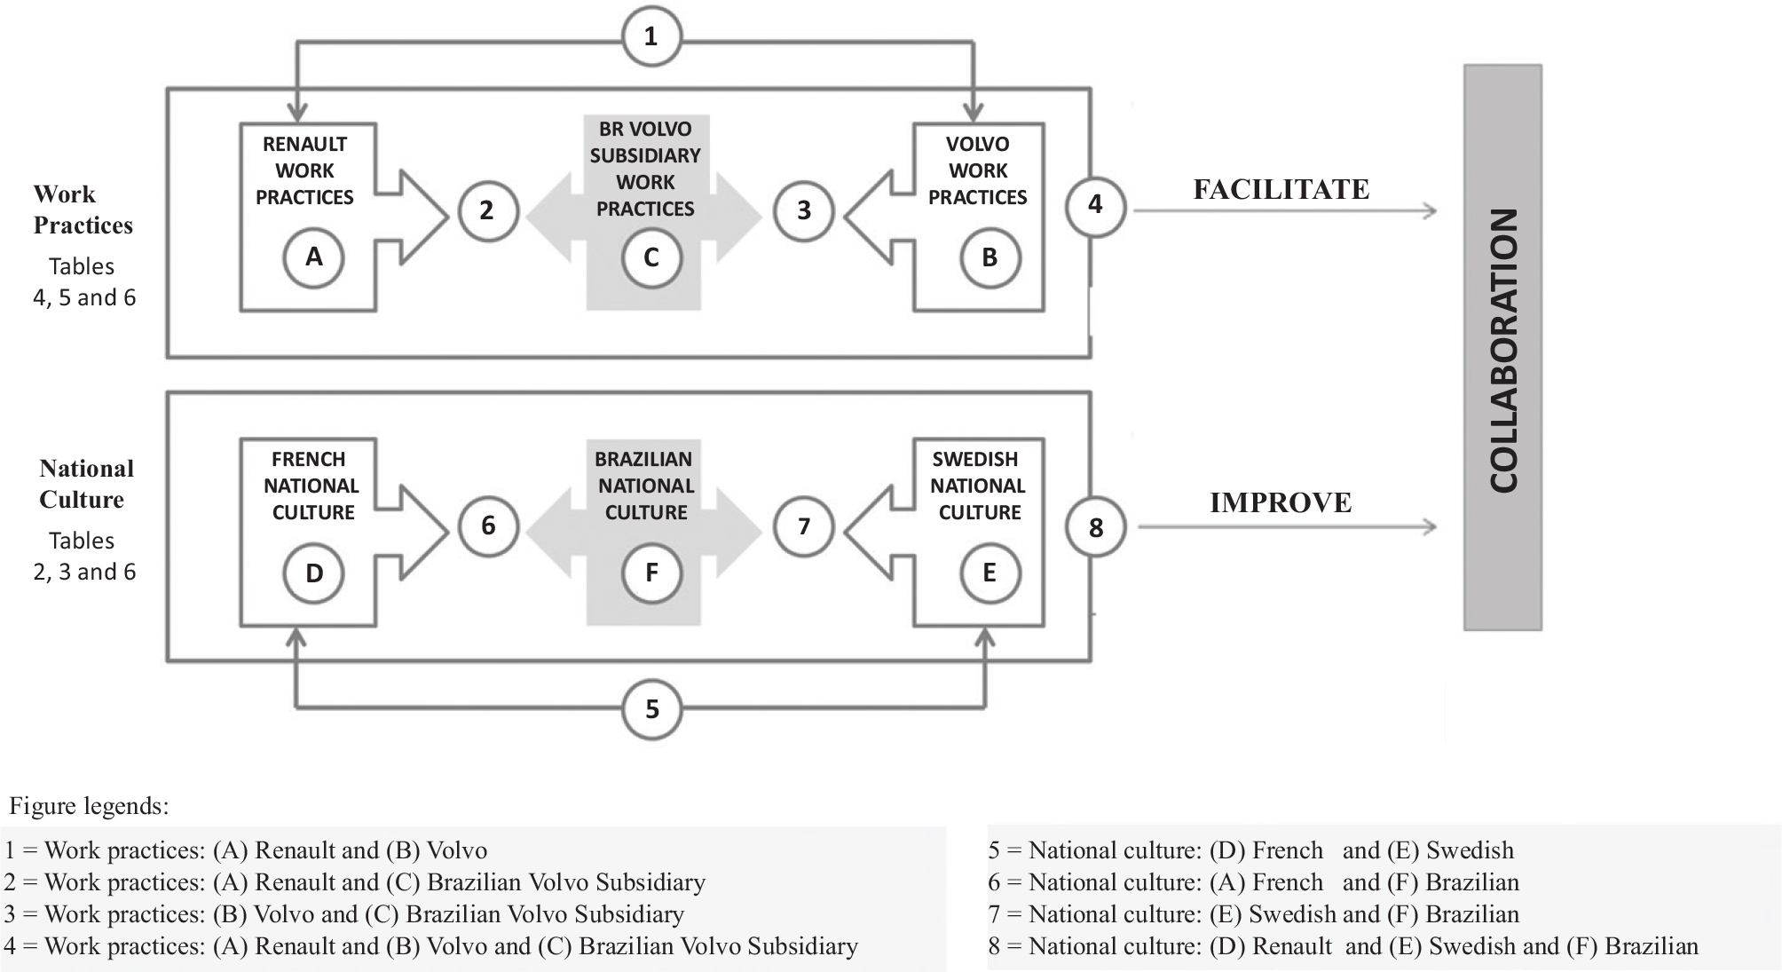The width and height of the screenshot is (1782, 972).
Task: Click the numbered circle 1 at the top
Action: tap(651, 37)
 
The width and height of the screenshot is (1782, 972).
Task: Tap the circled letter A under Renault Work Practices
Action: tap(313, 257)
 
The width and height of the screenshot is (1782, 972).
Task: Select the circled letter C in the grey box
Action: tap(651, 257)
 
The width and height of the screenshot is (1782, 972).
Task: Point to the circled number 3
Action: tap(804, 210)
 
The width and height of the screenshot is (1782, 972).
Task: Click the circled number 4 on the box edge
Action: tap(1095, 205)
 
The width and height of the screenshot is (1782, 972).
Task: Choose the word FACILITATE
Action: tap(1281, 189)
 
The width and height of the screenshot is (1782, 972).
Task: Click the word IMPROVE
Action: tap(1281, 502)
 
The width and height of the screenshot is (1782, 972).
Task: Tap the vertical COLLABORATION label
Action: tap(1503, 349)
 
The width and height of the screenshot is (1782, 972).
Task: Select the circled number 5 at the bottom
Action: tap(652, 709)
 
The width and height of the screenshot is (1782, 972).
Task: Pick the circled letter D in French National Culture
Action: tap(313, 573)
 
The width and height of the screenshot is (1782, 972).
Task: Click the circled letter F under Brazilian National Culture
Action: tap(651, 573)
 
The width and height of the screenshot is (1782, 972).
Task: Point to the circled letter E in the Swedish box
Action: tap(990, 573)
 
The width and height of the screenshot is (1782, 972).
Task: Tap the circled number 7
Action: tap(804, 526)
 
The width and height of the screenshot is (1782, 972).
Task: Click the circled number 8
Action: tap(1096, 528)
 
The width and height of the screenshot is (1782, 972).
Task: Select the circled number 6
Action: tap(488, 526)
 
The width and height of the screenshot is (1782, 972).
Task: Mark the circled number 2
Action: tap(487, 210)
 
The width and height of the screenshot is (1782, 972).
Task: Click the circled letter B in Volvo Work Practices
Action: tap(990, 257)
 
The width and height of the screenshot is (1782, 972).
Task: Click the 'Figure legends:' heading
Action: tap(89, 806)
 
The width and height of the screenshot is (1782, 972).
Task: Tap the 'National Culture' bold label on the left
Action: tap(85, 484)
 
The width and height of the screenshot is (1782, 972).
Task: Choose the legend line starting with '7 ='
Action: tap(1253, 914)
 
